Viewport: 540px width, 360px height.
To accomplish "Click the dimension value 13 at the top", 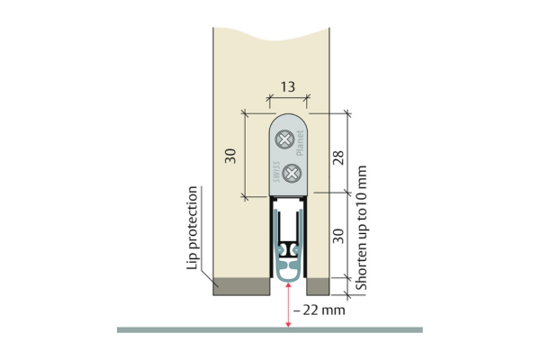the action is point(288,86).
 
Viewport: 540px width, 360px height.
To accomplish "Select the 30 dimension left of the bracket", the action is point(230,156).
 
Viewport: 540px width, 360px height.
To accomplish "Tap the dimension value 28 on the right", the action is point(338,157).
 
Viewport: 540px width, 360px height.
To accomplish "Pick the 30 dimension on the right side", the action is point(338,236).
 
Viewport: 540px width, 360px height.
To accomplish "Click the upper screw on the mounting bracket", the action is point(284,139).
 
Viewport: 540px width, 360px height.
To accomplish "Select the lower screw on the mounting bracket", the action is point(292,174).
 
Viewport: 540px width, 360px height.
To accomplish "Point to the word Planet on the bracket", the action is point(300,143).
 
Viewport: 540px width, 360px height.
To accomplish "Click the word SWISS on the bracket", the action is point(276,172).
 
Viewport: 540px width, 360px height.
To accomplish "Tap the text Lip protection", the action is point(192,228).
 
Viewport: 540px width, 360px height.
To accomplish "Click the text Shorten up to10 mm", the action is point(361,228).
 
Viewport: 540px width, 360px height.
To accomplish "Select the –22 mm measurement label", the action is point(319,310).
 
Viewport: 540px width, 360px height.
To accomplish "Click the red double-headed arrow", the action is point(288,304).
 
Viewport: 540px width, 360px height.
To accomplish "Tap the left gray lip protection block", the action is point(241,286).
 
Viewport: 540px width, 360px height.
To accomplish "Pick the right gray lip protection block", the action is point(318,286).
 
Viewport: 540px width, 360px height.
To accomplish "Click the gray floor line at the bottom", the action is point(270,330).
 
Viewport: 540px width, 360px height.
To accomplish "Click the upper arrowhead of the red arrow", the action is point(288,284).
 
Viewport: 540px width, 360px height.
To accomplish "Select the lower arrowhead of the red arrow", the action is point(288,325).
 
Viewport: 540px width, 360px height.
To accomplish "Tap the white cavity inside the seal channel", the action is point(288,226).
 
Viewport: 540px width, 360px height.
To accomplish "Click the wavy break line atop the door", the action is point(271,34).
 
